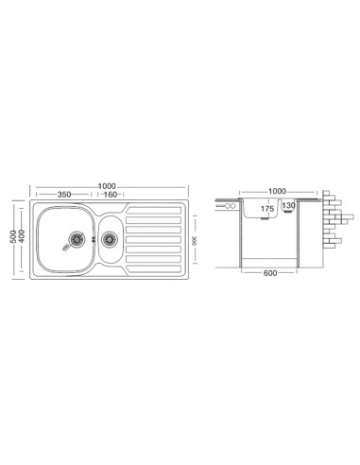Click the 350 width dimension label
[64, 195]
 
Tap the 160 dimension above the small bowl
[111, 195]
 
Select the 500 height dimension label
[13, 236]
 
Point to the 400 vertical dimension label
[22, 236]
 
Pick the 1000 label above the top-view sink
[107, 186]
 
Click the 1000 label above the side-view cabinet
[277, 191]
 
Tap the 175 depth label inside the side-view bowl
[267, 209]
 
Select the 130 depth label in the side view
[289, 206]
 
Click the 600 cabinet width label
[270, 273]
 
